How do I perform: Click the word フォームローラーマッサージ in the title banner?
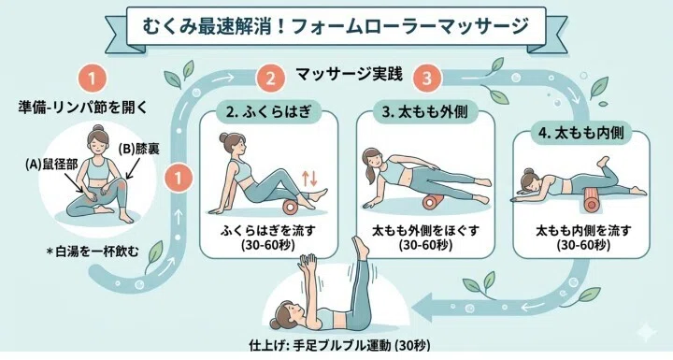pyautogui.click(x=409, y=26)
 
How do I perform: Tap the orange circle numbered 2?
pyautogui.click(x=270, y=79)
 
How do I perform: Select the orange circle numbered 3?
pyautogui.click(x=427, y=79)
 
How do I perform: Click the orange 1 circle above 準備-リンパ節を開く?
pyautogui.click(x=92, y=79)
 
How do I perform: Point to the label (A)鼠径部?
pyautogui.click(x=51, y=165)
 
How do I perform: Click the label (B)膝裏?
pyautogui.click(x=139, y=149)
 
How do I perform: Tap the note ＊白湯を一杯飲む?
pyautogui.click(x=93, y=251)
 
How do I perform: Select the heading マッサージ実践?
pyautogui.click(x=349, y=75)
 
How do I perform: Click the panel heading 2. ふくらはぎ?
pyautogui.click(x=268, y=111)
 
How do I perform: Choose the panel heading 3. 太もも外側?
pyautogui.click(x=425, y=112)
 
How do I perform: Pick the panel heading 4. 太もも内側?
pyautogui.click(x=581, y=133)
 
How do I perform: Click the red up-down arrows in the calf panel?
pyautogui.click(x=309, y=178)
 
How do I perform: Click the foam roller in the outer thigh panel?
pyautogui.click(x=433, y=202)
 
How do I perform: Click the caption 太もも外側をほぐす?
pyautogui.click(x=425, y=231)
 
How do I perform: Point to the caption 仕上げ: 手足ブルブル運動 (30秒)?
pyautogui.click(x=339, y=345)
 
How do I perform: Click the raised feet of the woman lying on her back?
pyautogui.click(x=360, y=247)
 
